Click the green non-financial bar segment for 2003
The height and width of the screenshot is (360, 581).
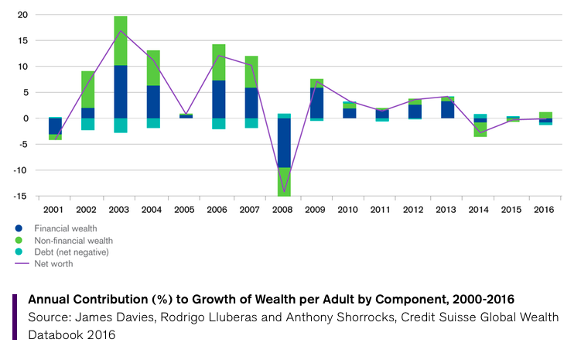120,40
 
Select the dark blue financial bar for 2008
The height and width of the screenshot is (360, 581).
284,142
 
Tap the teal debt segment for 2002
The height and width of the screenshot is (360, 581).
87,124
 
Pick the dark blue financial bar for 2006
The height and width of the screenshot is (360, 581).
218,99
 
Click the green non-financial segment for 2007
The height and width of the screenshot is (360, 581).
251,71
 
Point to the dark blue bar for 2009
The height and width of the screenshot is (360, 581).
316,102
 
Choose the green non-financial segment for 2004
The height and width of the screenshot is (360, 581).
153,67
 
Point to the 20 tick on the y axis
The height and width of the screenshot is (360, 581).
22,15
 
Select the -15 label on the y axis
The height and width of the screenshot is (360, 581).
20,196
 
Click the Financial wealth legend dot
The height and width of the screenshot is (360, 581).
19,228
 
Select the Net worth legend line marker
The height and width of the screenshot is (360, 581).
19,263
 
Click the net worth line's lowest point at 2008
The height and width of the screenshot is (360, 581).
284,191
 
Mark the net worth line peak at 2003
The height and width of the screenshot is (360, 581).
120,30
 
